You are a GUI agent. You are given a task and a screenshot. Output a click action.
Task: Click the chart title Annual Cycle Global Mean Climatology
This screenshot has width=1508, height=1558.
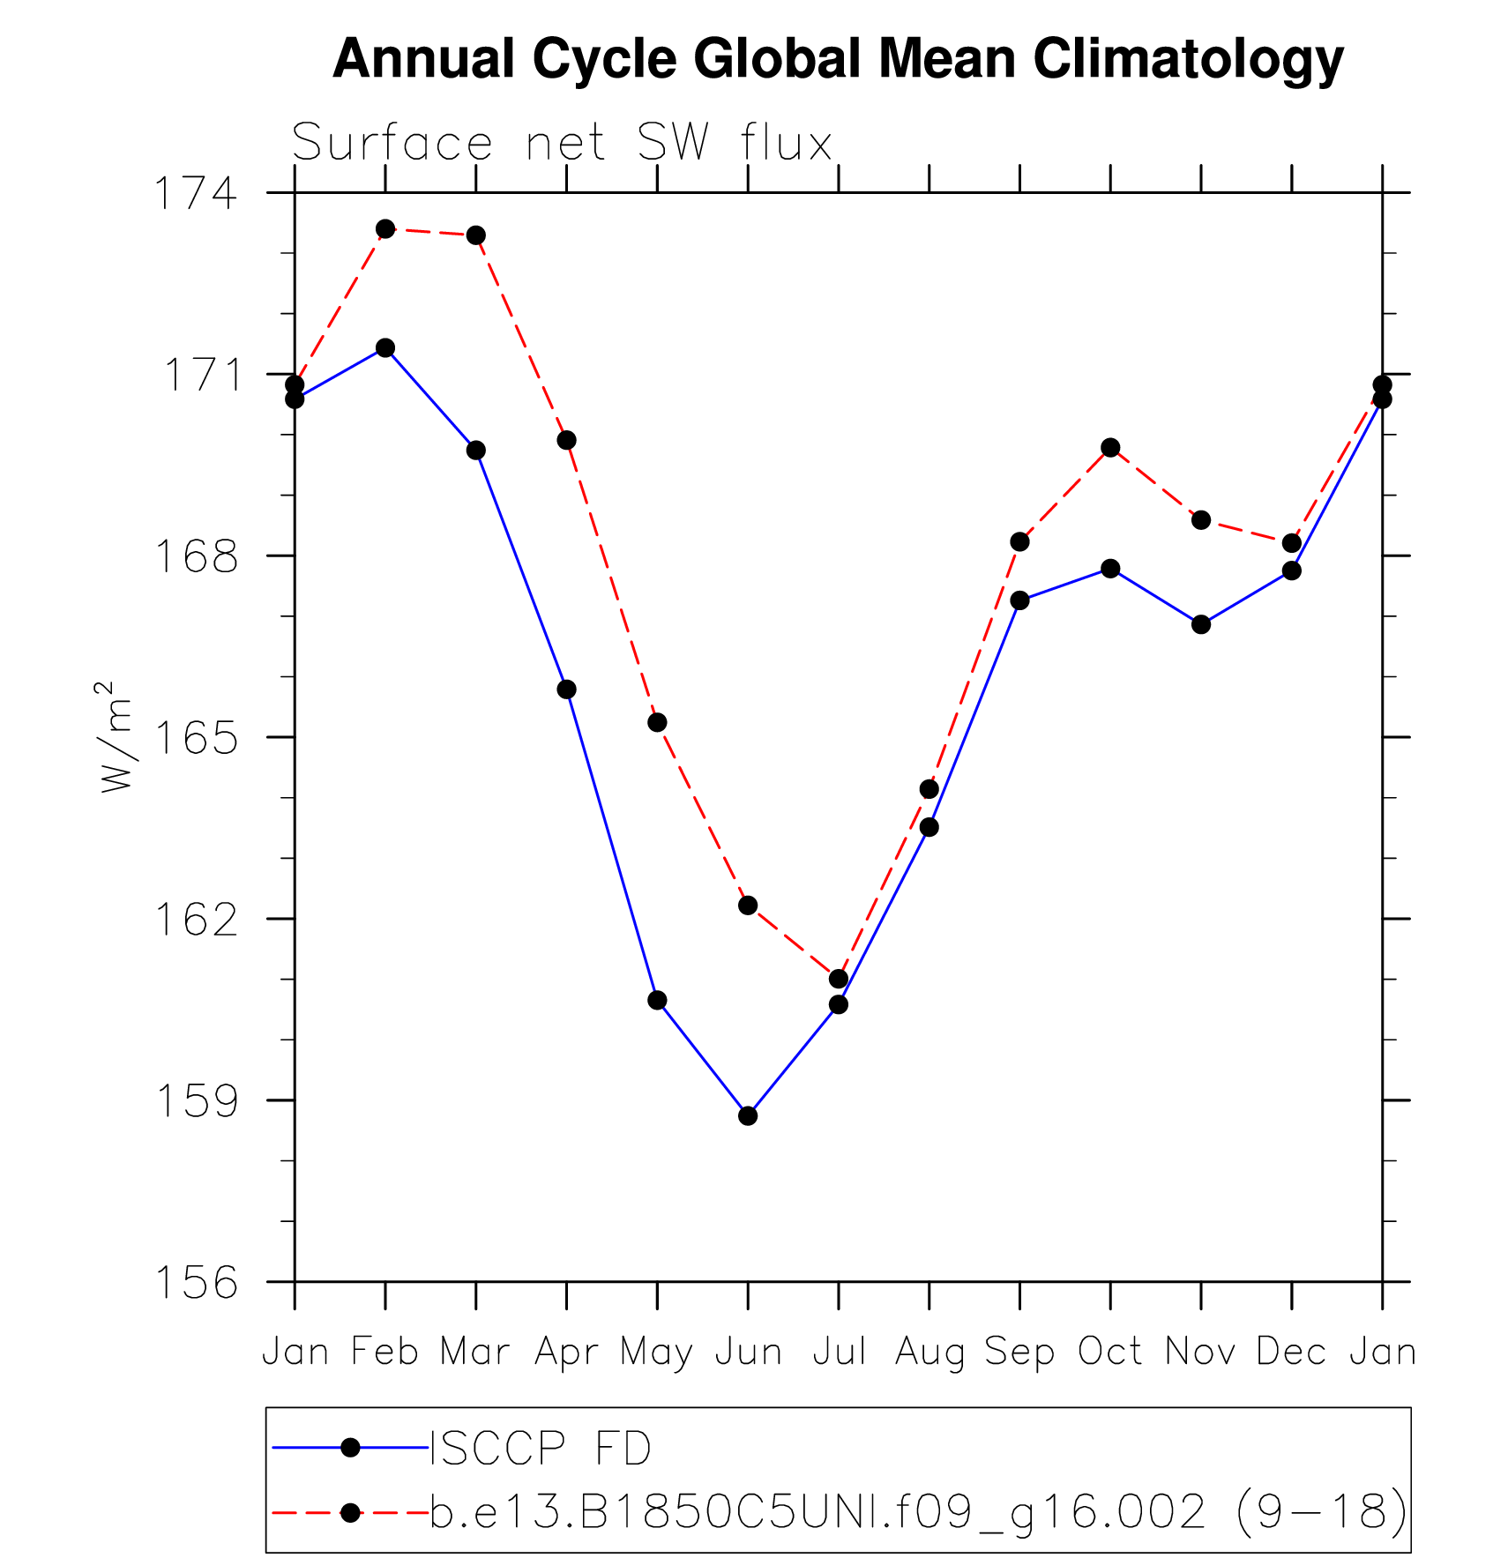click(838, 60)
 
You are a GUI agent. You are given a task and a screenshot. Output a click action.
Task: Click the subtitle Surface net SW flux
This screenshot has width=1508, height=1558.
click(562, 143)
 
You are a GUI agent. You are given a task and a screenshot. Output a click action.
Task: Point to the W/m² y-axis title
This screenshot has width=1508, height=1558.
click(117, 736)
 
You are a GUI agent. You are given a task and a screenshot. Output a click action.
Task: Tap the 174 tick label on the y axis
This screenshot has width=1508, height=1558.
click(196, 194)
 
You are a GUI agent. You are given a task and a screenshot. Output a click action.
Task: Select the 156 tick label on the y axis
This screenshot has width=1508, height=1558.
click(196, 1283)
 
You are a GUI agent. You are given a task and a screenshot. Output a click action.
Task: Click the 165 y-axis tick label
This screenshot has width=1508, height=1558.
click(196, 738)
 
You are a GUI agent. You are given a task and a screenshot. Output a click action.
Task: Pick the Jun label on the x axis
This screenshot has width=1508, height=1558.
click(748, 1352)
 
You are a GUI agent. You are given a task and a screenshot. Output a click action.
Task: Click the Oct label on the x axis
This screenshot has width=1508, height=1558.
click(1110, 1352)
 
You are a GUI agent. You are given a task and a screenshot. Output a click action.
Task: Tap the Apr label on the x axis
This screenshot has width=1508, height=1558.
click(566, 1352)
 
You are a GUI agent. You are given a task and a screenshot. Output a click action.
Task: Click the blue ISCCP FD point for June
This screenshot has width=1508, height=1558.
click(748, 1115)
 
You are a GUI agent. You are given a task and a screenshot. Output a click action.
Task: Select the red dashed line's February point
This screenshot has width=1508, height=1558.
click(385, 229)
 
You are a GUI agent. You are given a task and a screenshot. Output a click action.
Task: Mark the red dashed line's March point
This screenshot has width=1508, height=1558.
click(476, 235)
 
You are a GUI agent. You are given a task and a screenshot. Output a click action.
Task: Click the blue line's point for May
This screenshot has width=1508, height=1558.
click(657, 1000)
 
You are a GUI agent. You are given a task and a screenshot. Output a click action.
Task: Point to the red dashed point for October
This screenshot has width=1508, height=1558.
click(1110, 448)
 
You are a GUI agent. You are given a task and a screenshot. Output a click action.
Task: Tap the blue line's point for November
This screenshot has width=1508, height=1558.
click(1201, 624)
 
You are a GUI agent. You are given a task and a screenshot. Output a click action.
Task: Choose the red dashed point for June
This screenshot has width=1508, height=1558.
click(748, 906)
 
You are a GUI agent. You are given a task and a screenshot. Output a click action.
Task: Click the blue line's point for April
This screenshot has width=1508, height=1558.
click(566, 689)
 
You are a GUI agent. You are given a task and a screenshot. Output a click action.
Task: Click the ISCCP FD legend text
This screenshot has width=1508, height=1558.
click(540, 1448)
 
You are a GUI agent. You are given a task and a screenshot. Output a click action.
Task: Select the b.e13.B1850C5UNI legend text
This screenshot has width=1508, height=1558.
click(917, 1512)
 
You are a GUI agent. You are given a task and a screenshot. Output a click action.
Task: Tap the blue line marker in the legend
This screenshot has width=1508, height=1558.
click(350, 1447)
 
